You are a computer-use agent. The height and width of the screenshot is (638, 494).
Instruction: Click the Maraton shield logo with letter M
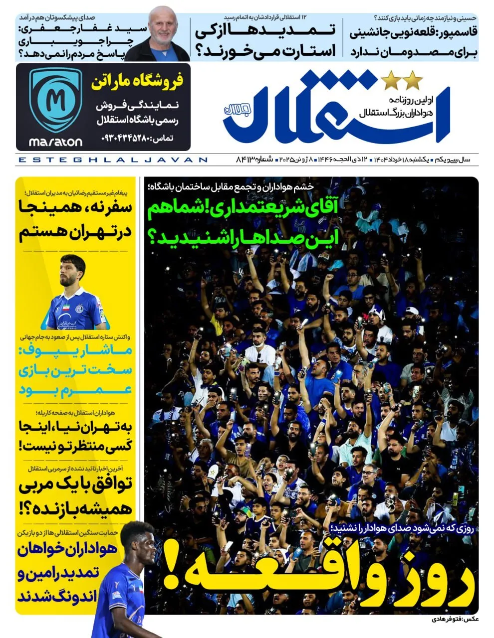(55, 100)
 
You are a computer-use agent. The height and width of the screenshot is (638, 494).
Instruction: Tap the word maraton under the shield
(55, 142)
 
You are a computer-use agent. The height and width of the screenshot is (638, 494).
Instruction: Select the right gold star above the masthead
(413, 80)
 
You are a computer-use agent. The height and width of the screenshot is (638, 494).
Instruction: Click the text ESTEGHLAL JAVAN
(112, 160)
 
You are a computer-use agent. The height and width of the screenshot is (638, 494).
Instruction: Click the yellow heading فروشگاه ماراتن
(137, 82)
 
